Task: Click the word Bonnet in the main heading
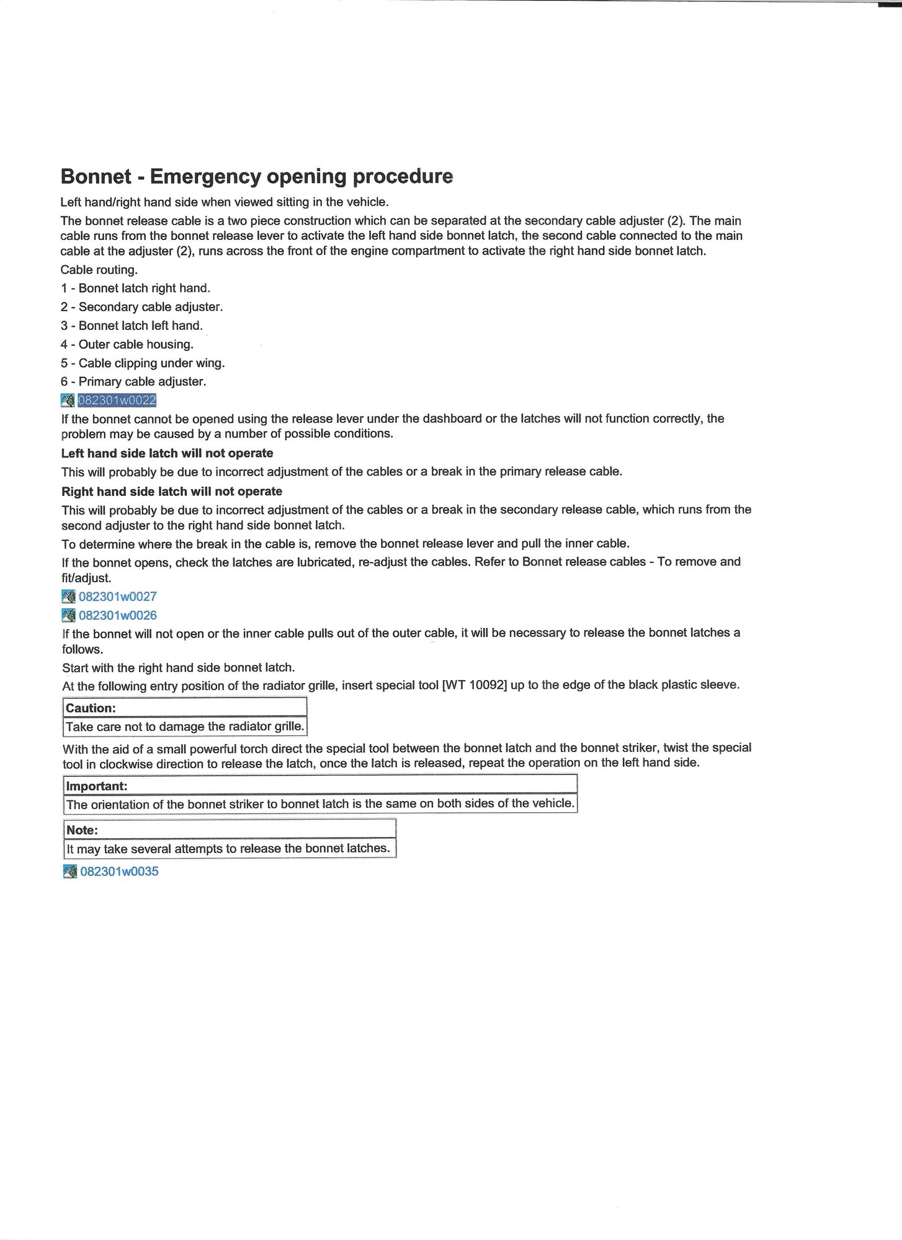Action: click(96, 177)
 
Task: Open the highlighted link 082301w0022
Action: click(117, 400)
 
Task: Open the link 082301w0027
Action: click(117, 596)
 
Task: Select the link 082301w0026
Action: click(117, 615)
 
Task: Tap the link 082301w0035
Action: click(119, 871)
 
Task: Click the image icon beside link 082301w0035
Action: click(69, 871)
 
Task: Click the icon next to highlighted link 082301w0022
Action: click(68, 401)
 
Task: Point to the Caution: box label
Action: click(91, 708)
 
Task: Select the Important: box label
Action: click(96, 786)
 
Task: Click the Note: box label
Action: click(82, 830)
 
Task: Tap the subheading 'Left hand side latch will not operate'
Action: click(167, 453)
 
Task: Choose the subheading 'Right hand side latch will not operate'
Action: click(171, 492)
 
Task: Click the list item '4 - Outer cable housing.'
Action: click(127, 344)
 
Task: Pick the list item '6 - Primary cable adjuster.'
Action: click(133, 381)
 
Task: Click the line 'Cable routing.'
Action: click(99, 270)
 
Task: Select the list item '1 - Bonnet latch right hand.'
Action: click(135, 288)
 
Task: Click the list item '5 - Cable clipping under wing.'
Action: click(143, 363)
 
